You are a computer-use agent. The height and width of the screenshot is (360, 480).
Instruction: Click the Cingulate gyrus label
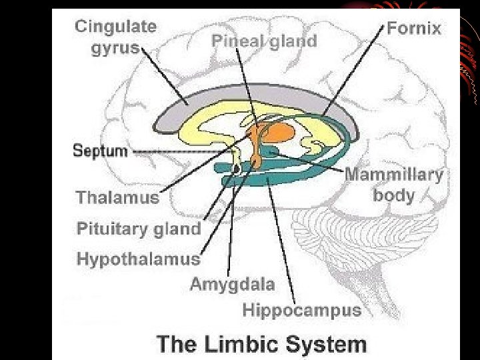click(116, 37)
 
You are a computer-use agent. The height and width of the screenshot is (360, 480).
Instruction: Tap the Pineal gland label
click(264, 41)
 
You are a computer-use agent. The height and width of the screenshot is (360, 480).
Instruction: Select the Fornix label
click(414, 28)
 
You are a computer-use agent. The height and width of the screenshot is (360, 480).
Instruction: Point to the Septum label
click(100, 151)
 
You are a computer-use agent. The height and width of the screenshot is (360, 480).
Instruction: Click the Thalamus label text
click(117, 197)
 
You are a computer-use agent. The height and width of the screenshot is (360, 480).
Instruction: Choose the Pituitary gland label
click(139, 229)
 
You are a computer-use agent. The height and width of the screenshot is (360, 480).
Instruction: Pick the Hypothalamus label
click(138, 259)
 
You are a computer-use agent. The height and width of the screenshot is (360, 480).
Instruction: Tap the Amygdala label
click(232, 284)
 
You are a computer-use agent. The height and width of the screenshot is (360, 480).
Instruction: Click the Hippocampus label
click(301, 310)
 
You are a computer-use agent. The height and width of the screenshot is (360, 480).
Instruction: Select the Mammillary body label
click(393, 185)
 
